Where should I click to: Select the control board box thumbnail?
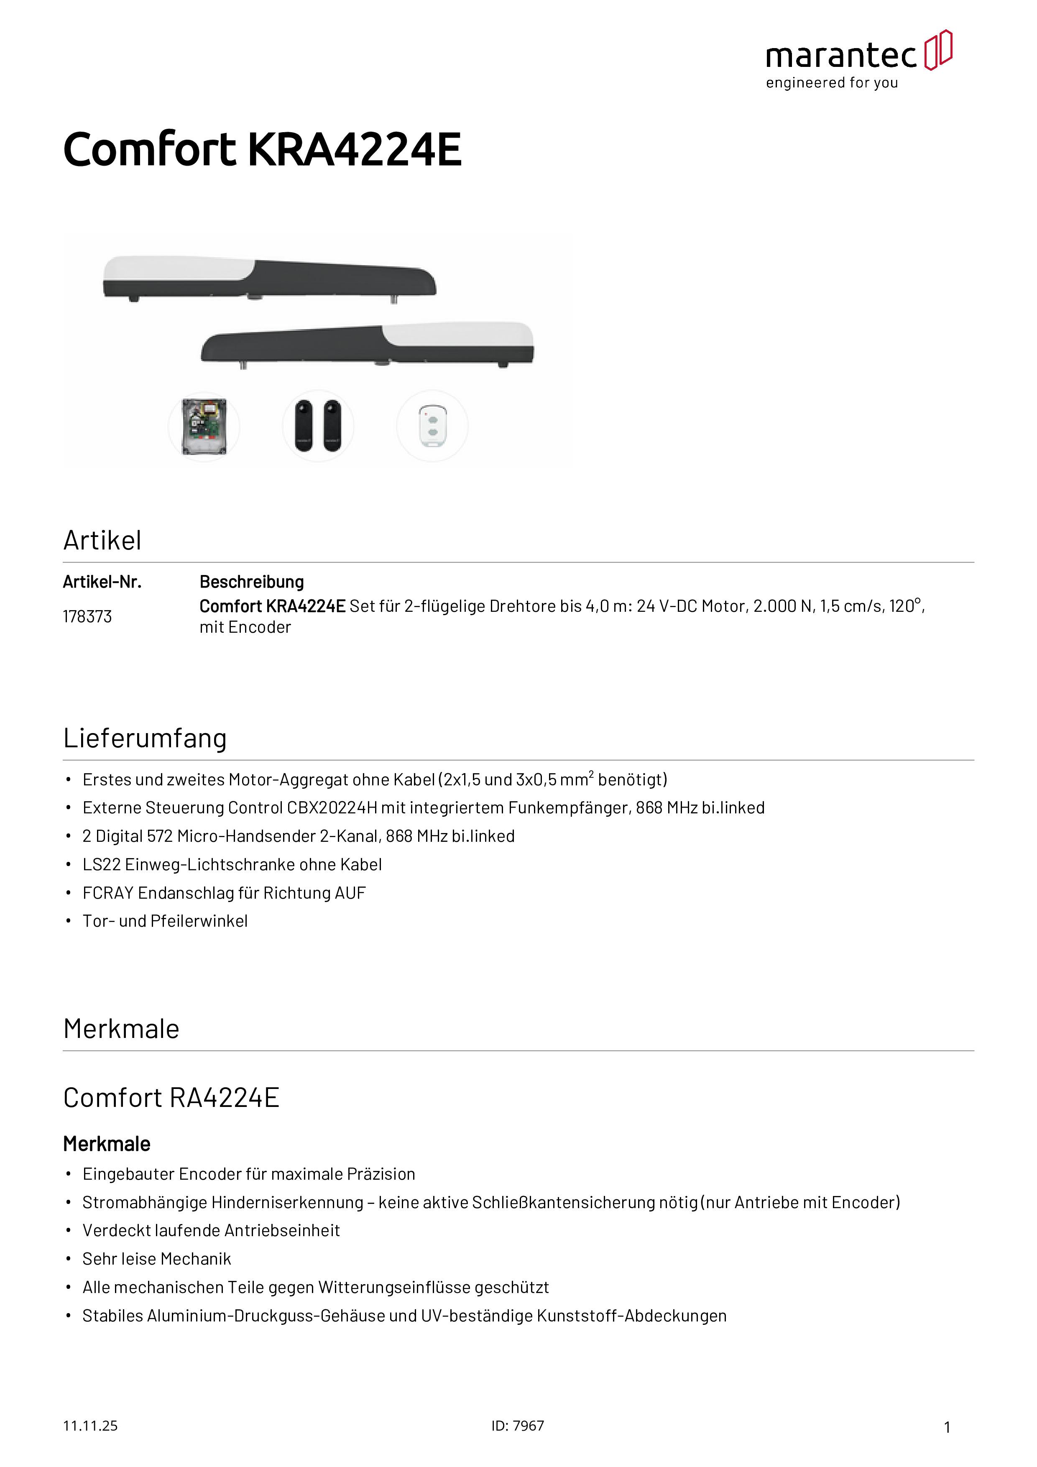coord(204,426)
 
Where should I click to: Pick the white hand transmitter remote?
coord(432,426)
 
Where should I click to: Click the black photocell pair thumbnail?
coord(318,426)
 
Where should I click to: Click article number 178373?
coord(87,616)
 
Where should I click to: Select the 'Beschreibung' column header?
coord(252,582)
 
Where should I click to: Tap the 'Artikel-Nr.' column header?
coord(102,582)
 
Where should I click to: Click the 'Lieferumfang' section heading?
coord(145,738)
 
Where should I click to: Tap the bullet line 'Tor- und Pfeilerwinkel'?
coord(165,921)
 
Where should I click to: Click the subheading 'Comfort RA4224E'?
coord(171,1098)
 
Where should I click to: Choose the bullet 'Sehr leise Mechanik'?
coord(156,1259)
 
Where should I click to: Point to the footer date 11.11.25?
coord(90,1426)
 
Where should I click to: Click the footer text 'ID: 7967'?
coord(518,1426)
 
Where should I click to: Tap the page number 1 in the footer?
coord(947,1427)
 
